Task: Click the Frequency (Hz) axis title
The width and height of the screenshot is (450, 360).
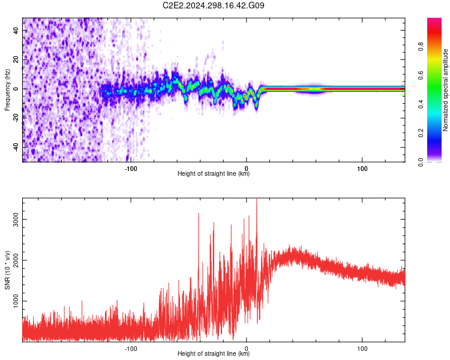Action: pos(7,89)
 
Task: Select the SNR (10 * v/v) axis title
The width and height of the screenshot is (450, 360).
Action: pos(7,270)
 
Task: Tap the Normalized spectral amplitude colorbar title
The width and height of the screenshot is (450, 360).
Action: pos(446,91)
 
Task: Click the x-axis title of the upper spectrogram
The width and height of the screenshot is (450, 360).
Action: pos(214,174)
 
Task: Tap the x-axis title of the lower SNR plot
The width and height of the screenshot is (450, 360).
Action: pos(214,354)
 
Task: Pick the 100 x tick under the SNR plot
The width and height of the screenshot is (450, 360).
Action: pos(362,347)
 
